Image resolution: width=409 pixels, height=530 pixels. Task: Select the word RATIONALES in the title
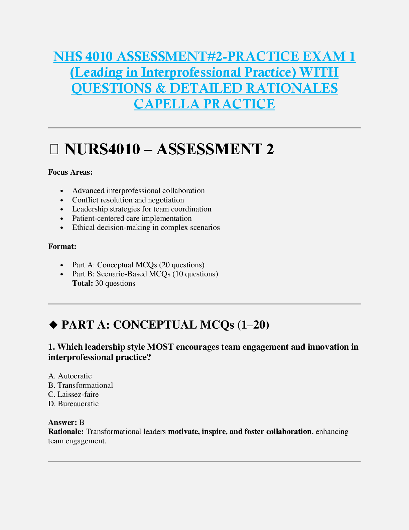pos(292,88)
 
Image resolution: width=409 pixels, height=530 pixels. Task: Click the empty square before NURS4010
pos(54,150)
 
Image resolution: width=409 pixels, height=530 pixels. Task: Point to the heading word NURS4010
pos(102,149)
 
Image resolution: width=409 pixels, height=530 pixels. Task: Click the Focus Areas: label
pos(71,172)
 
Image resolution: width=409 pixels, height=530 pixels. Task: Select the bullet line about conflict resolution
pos(128,200)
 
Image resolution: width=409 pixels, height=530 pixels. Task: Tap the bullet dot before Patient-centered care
pos(62,219)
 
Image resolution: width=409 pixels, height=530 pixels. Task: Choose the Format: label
pos(62,247)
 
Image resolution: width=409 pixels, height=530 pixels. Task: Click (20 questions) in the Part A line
pos(181,265)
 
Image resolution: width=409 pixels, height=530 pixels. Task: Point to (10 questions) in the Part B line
pos(195,274)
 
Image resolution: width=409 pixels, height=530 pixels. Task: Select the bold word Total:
pos(83,283)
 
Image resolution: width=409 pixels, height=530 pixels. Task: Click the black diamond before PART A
pos(53,325)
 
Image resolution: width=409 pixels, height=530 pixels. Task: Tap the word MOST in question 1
pos(160,347)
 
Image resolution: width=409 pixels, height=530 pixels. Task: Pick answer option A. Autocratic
pos(70,376)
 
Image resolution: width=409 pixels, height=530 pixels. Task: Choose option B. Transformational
pos(81,385)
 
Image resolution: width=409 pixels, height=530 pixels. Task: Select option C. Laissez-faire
pos(74,394)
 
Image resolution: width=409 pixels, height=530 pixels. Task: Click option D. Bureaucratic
pos(74,404)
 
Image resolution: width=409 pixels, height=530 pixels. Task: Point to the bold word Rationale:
pos(66,432)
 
